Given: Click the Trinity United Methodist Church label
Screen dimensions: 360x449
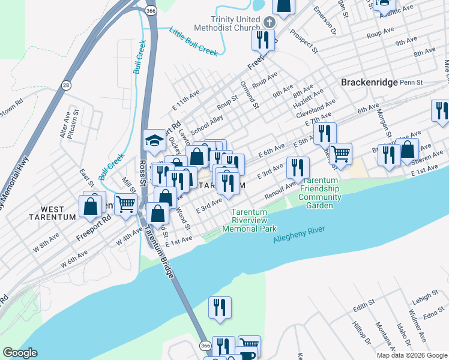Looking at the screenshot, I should [x=231, y=23].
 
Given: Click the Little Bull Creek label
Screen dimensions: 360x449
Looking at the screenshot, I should [x=193, y=41].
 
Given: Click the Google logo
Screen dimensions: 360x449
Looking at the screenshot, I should [x=19, y=353].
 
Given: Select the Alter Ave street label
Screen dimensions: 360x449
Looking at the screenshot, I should [x=65, y=124].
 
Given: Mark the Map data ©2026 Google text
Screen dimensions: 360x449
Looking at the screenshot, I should [x=411, y=355].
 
